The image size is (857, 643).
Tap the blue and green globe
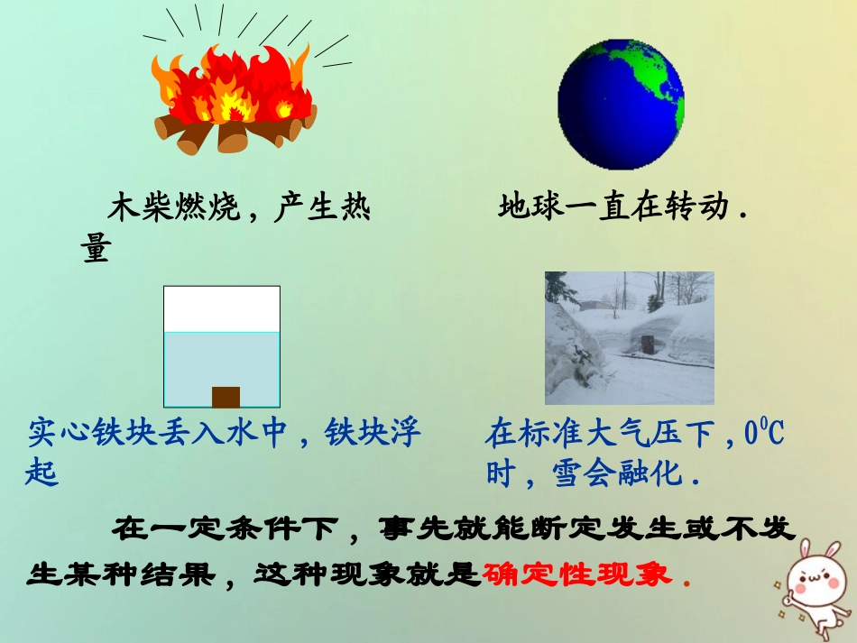pos(621,104)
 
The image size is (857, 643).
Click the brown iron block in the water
pos(226,397)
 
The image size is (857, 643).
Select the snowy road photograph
pos(629,338)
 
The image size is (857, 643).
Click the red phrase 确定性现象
pos(577,574)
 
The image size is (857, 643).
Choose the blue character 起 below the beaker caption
pos(42,472)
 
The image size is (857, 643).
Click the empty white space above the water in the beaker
pos(222,308)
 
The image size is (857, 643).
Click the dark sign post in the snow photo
pos(647,344)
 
